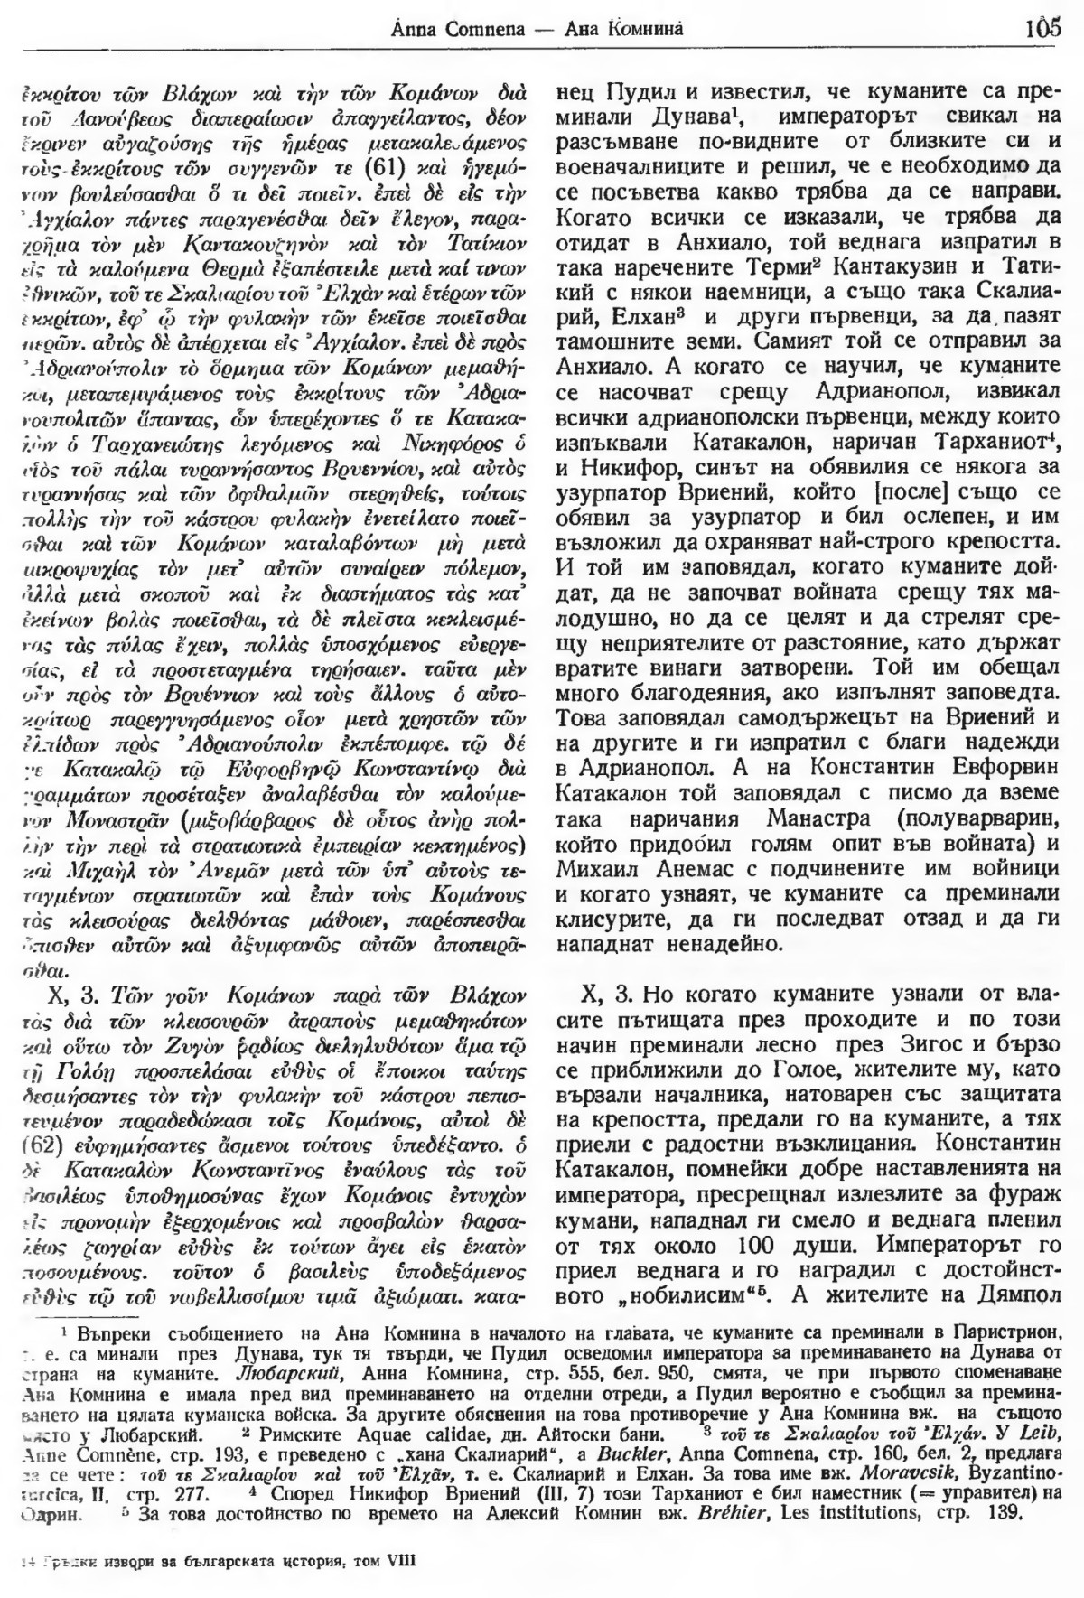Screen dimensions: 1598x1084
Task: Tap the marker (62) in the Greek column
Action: click(x=40, y=1156)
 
